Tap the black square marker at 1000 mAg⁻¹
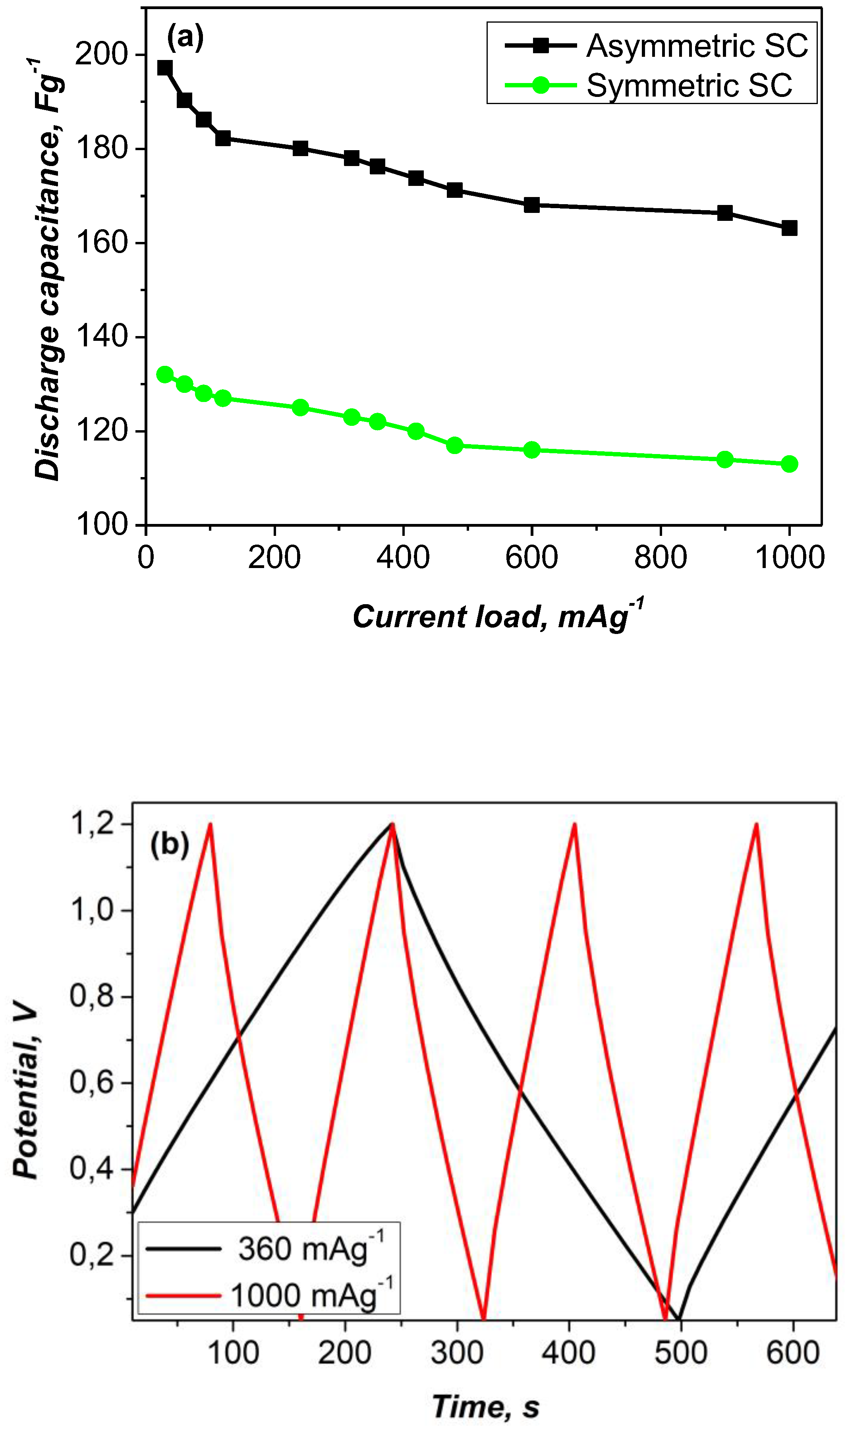pos(789,228)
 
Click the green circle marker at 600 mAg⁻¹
pos(531,450)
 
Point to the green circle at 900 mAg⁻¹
pos(724,460)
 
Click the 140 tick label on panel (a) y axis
pos(101,336)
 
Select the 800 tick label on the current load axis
pos(660,558)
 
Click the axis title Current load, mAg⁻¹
pos(497,616)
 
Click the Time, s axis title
pos(486,1407)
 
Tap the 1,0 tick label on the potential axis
pos(93,910)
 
